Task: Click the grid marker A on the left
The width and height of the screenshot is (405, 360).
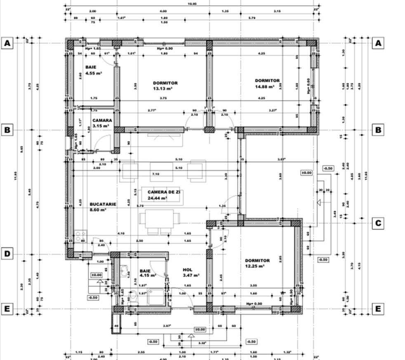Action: pos(7,43)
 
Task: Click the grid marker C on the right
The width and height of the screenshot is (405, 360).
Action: pos(378,223)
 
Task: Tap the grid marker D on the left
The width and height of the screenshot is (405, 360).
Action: pos(7,253)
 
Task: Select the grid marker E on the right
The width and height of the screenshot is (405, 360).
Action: pos(378,309)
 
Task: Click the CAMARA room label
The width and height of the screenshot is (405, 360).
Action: pos(102,120)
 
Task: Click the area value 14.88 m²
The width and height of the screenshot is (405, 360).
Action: pos(265,87)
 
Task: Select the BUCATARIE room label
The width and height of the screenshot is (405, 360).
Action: pos(103,204)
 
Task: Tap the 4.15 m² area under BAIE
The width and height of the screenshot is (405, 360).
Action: pos(147,275)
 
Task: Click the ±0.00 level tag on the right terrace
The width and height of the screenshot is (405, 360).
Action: pos(307,173)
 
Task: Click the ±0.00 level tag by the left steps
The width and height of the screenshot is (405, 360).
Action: pos(97,275)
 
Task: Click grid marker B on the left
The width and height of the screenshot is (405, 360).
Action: pos(7,130)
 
